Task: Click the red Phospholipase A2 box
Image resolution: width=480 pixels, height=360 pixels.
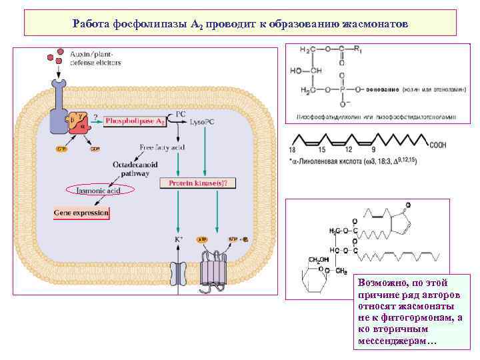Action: point(135,122)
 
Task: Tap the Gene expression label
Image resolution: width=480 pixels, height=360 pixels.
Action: point(81,213)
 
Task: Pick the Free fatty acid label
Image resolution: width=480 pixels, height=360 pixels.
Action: point(162,147)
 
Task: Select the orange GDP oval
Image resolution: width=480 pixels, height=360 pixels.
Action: point(96,149)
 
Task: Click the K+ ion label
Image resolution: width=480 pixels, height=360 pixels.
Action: point(179,239)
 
